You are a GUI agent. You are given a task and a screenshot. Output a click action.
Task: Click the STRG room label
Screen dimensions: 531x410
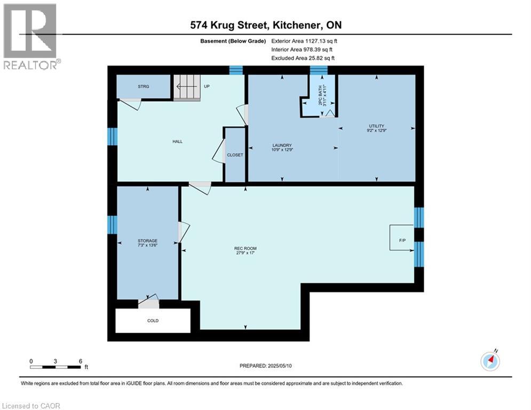click(143, 86)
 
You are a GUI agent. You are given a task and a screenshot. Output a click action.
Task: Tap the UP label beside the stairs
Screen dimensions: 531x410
click(207, 86)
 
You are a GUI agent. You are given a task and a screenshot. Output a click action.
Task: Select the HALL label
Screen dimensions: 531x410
click(178, 141)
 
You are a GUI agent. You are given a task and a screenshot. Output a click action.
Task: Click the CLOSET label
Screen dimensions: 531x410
click(235, 155)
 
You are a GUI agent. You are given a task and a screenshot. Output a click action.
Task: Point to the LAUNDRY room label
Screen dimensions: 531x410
click(282, 145)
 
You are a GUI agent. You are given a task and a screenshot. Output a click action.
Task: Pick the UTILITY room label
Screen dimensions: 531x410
click(377, 126)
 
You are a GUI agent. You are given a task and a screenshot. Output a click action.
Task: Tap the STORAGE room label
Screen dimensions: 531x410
click(148, 241)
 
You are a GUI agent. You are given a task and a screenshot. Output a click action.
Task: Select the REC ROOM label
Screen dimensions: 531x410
click(245, 248)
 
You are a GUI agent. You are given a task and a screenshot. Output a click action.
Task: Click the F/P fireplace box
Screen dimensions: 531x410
click(402, 238)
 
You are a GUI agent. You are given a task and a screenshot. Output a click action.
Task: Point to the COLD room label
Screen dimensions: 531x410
click(153, 320)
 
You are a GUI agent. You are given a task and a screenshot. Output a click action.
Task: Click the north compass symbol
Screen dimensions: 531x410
click(490, 360)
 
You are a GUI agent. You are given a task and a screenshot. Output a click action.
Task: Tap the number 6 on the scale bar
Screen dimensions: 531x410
click(80, 361)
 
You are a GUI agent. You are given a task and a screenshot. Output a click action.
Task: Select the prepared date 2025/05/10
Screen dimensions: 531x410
click(280, 366)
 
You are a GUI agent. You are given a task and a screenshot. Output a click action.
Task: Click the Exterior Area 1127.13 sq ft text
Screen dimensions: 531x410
click(304, 41)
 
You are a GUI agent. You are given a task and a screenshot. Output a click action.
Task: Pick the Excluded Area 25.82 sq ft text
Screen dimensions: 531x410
click(303, 58)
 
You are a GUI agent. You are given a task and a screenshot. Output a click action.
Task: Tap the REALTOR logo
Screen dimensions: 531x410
click(31, 37)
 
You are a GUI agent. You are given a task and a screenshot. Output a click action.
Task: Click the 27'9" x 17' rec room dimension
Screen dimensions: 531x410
click(245, 253)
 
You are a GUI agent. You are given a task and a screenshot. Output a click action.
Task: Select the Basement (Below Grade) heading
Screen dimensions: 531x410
click(233, 41)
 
